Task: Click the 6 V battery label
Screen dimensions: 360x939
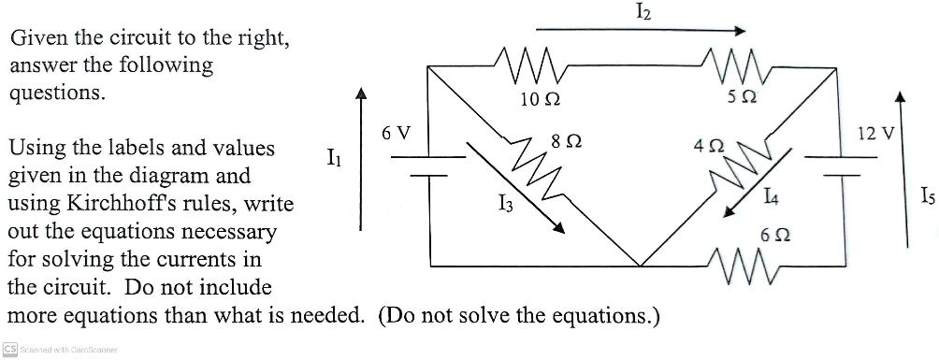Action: click(396, 133)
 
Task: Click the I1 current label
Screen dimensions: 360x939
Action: click(334, 160)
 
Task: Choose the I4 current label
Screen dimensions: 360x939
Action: click(771, 196)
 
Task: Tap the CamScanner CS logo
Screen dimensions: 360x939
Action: click(9, 350)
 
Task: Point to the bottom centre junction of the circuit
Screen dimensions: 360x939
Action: click(639, 265)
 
